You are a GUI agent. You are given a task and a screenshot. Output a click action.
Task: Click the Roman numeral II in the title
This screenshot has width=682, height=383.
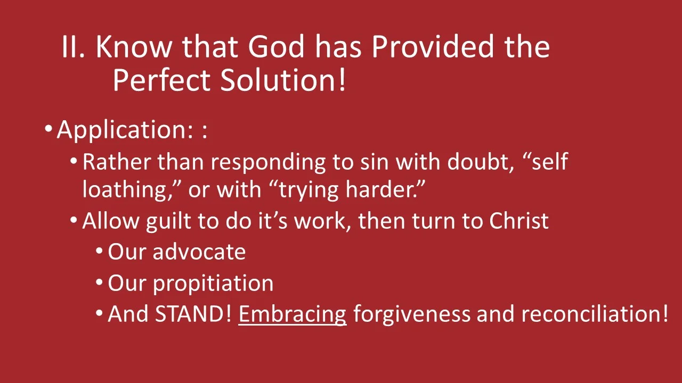[74, 47]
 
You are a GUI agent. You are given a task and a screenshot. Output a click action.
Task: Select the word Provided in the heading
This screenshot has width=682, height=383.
[434, 47]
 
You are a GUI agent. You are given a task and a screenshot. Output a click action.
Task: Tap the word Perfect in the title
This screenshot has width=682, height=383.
[162, 80]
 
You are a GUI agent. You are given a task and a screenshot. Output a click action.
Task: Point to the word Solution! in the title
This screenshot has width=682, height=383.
[283, 80]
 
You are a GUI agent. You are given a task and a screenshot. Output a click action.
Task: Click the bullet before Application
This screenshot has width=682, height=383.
[48, 129]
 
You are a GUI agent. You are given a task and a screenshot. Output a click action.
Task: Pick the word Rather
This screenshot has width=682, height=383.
[117, 162]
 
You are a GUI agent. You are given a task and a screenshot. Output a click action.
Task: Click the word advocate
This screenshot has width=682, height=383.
[199, 252]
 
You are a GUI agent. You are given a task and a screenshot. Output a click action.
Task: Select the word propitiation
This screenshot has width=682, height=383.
[213, 284]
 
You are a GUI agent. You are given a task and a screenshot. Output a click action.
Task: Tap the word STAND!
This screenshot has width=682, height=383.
[193, 314]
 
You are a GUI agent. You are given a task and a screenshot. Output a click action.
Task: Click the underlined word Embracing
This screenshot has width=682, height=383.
[292, 314]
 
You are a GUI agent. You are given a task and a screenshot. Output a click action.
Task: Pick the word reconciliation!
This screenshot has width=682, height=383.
[594, 314]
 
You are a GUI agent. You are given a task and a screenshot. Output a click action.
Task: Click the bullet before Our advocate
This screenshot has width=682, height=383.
[100, 251]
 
